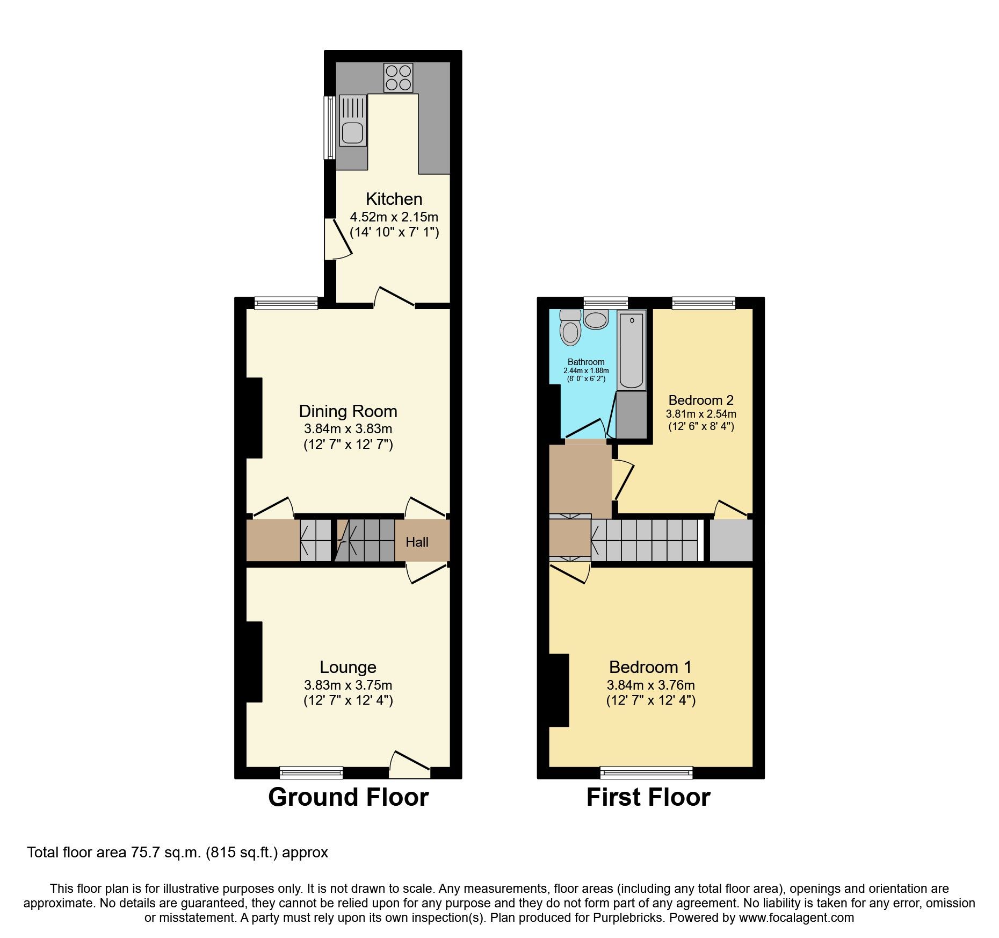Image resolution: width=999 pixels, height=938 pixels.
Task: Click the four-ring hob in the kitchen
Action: (399, 78)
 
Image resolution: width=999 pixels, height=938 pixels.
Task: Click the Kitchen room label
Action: (394, 199)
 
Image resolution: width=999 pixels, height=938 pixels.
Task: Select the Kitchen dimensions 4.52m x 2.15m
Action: (394, 217)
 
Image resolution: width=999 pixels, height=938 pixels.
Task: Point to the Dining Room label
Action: (348, 411)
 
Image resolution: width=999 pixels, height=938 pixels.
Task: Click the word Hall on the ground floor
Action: (417, 542)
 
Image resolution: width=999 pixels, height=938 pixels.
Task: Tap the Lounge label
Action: (348, 667)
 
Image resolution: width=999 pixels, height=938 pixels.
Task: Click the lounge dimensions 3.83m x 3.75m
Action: (348, 685)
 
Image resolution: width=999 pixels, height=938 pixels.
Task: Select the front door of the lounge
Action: (410, 766)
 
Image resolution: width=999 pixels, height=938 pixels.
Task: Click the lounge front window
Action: (311, 772)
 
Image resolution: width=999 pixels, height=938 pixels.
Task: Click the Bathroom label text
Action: (586, 362)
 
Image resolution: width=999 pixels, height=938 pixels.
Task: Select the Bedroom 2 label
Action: (701, 400)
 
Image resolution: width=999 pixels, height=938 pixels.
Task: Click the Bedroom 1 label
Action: (650, 667)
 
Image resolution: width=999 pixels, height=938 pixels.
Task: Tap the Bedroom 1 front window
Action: (646, 773)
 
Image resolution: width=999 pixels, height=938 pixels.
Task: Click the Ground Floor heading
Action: (348, 797)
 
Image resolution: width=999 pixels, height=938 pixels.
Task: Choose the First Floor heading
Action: (648, 797)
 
